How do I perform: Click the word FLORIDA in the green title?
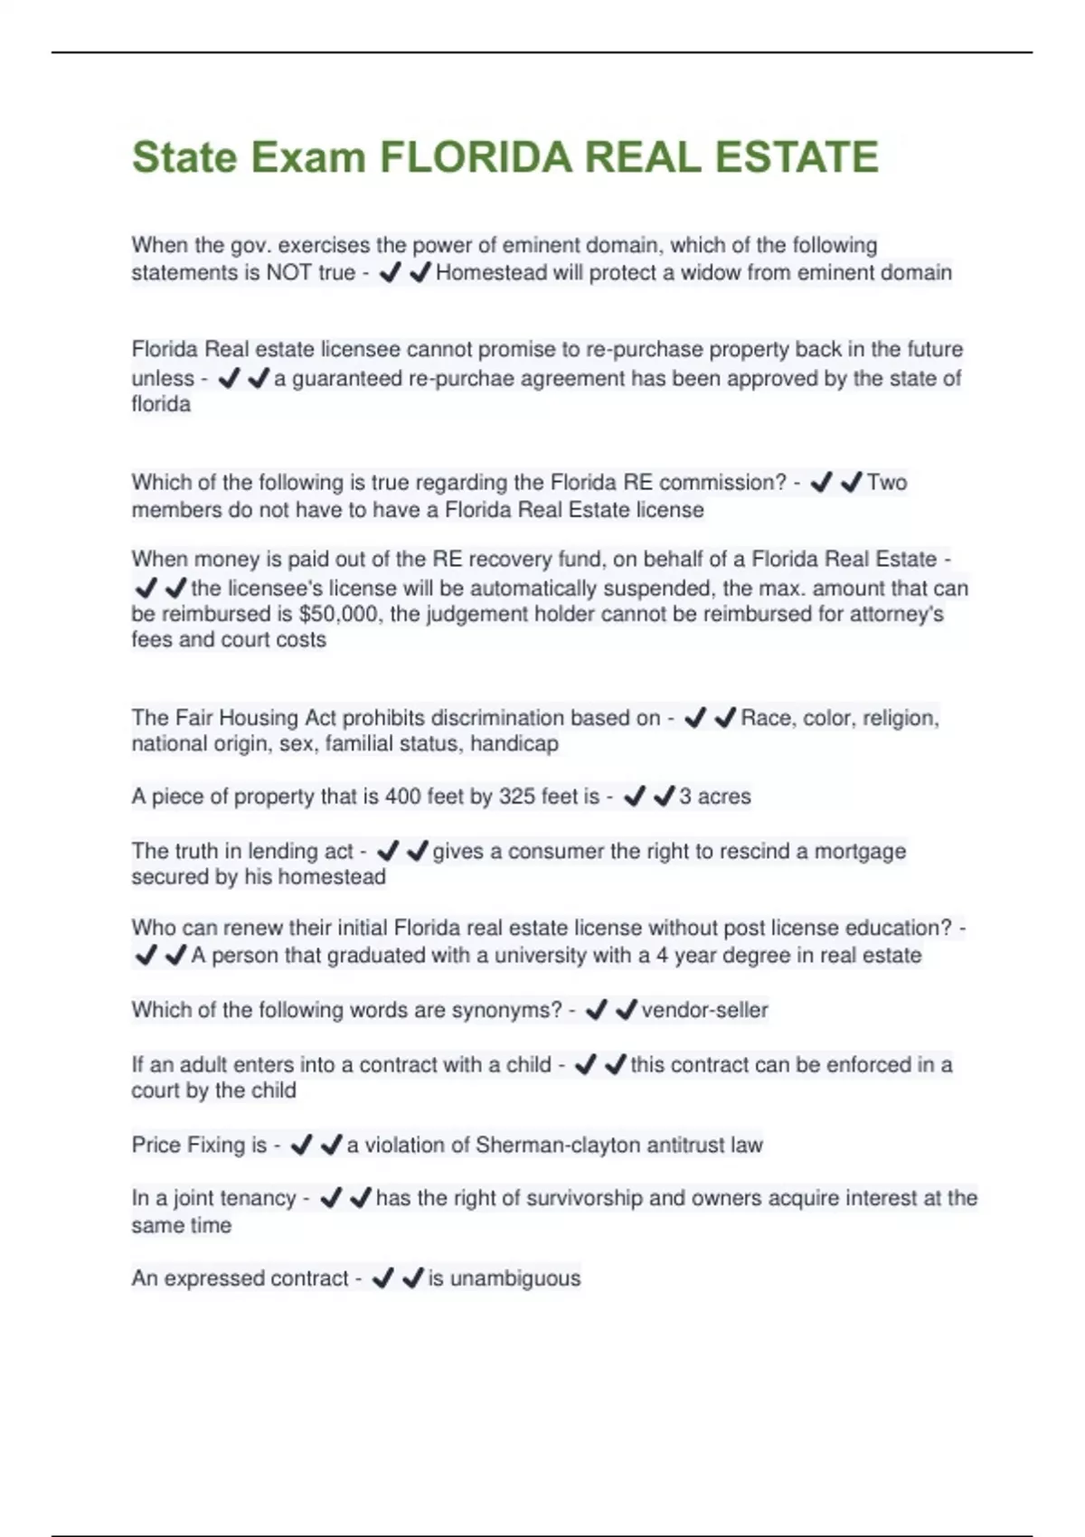[476, 157]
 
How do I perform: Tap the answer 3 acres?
[715, 797]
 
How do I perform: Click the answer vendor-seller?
[704, 1010]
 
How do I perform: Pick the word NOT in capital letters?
[286, 273]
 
